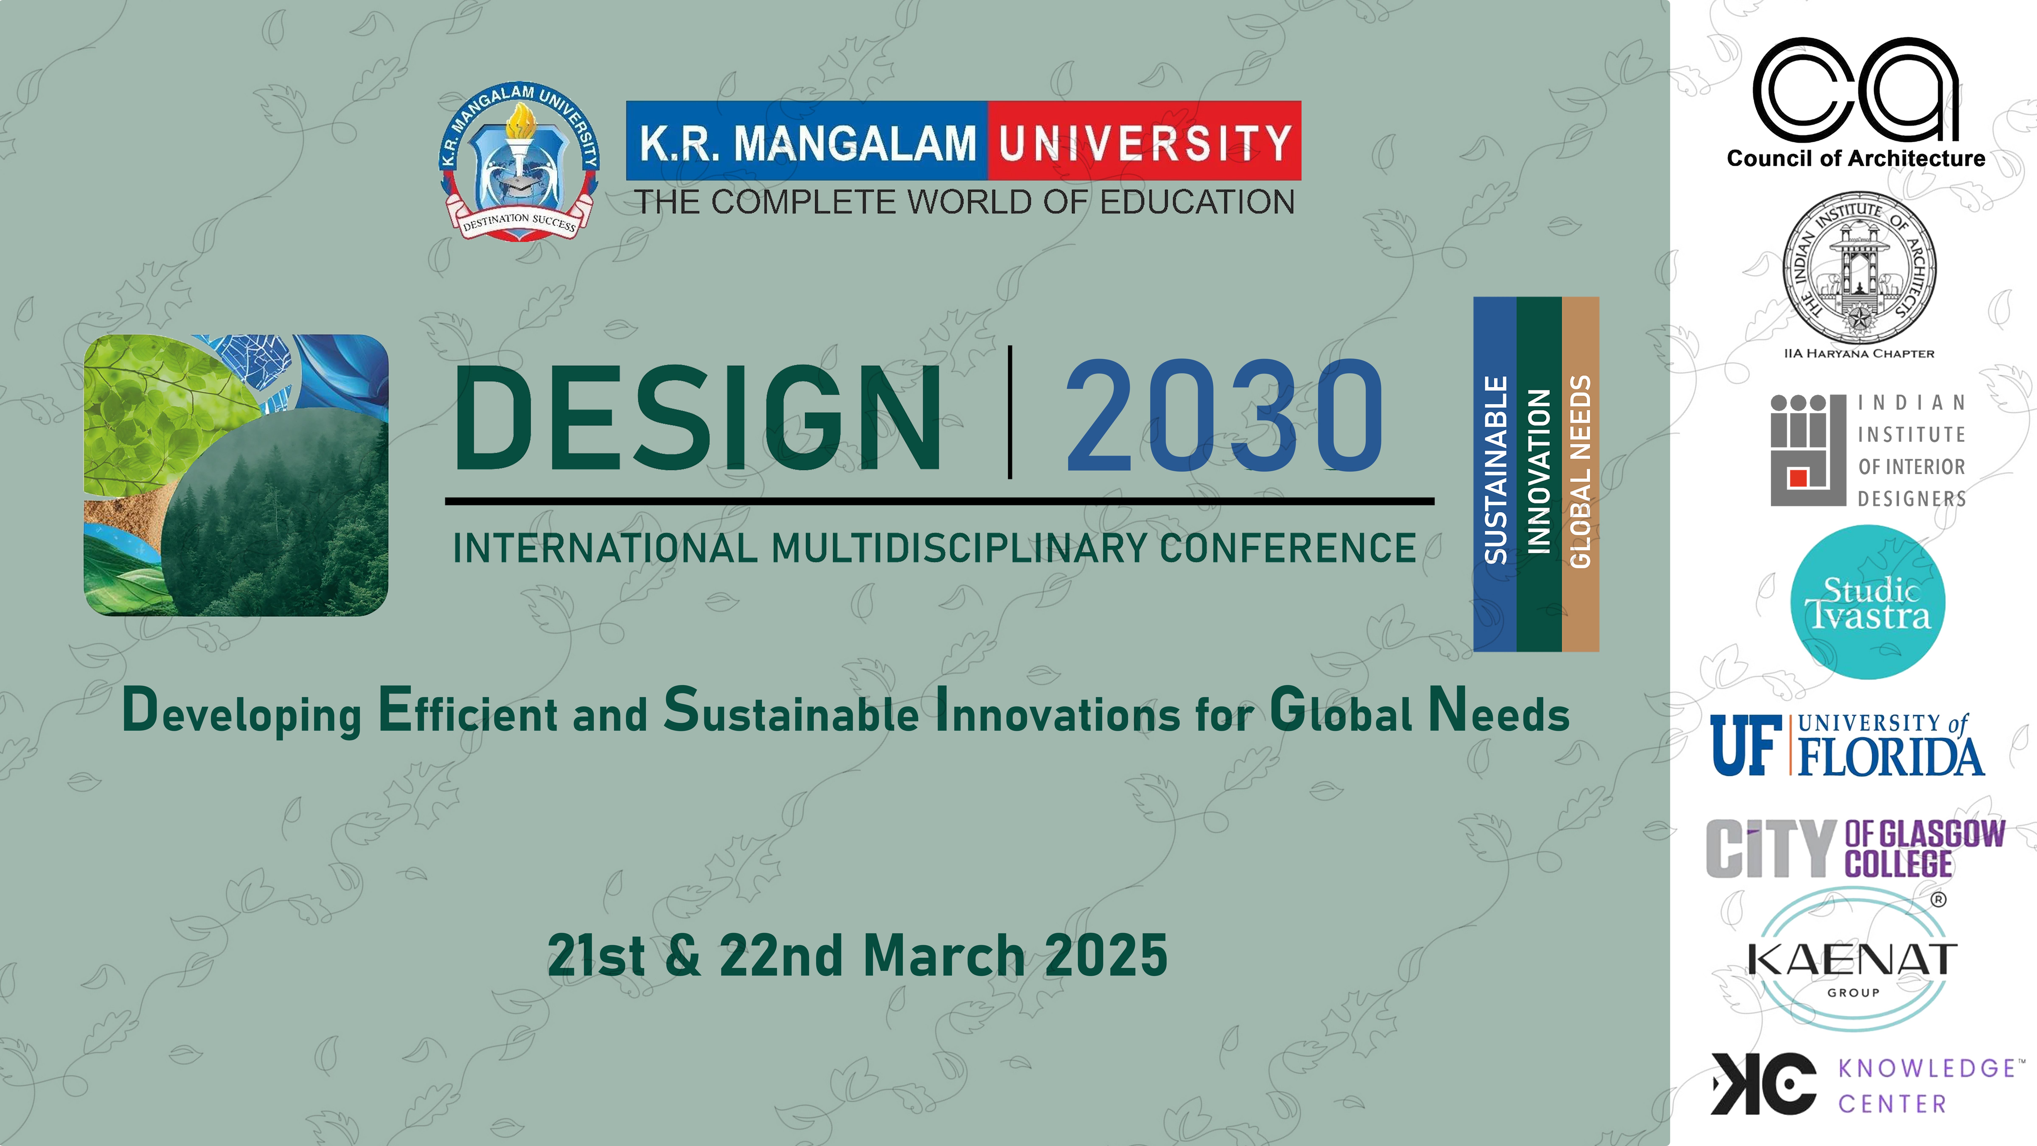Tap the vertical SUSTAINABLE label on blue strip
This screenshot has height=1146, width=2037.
1495,470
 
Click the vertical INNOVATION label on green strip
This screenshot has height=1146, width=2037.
1539,471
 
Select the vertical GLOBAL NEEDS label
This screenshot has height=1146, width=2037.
1580,471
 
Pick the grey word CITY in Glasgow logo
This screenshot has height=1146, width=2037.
1770,849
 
